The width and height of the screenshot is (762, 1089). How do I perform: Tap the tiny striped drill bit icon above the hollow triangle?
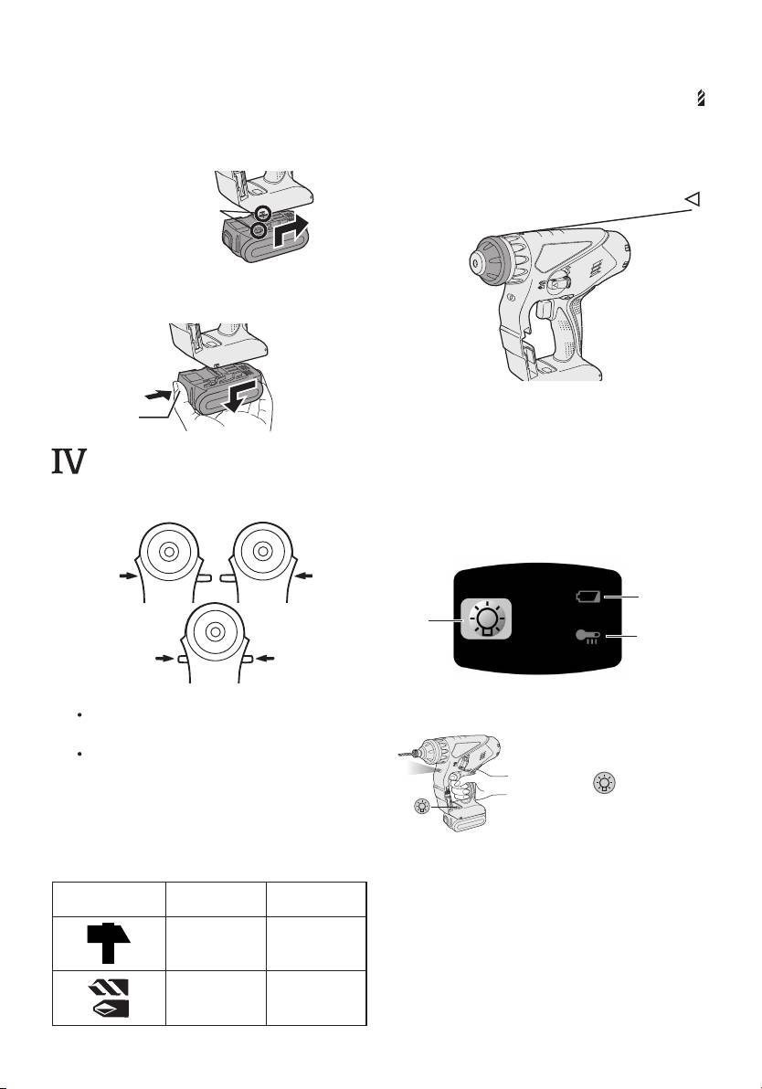700,102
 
